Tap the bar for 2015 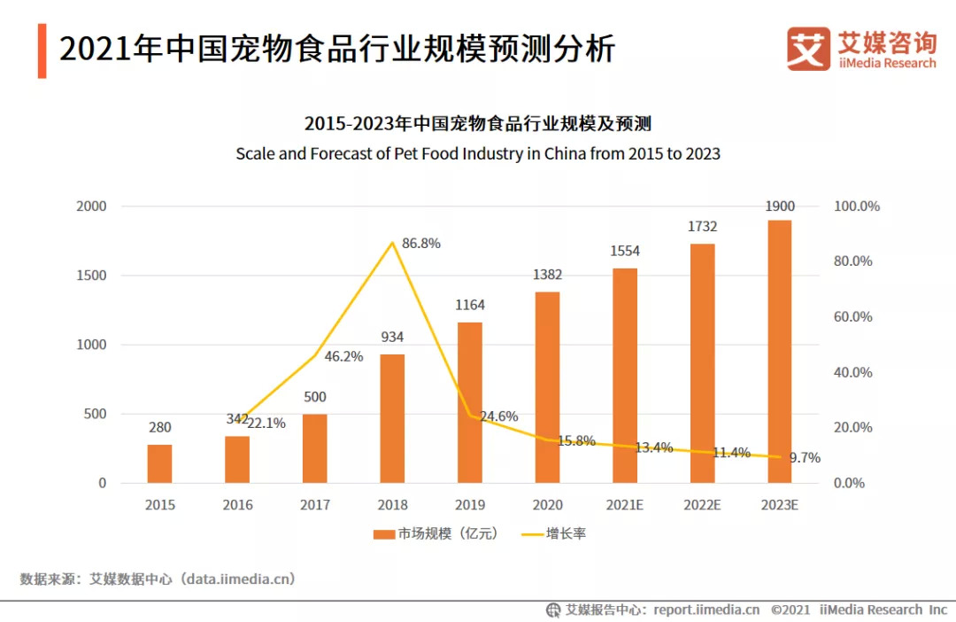[x=160, y=463]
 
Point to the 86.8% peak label [x=421, y=243]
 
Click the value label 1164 [x=470, y=305]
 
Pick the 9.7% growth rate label [x=805, y=458]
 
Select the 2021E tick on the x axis [x=624, y=505]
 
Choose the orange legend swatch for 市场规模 [x=383, y=533]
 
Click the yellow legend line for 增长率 [x=531, y=533]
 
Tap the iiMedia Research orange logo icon [x=808, y=49]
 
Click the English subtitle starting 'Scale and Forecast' [x=478, y=153]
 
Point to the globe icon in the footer [x=553, y=610]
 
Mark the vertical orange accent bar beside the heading [x=42, y=51]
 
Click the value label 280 [x=160, y=428]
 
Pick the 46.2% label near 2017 [x=343, y=356]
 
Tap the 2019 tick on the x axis [x=470, y=505]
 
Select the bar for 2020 [x=547, y=387]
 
